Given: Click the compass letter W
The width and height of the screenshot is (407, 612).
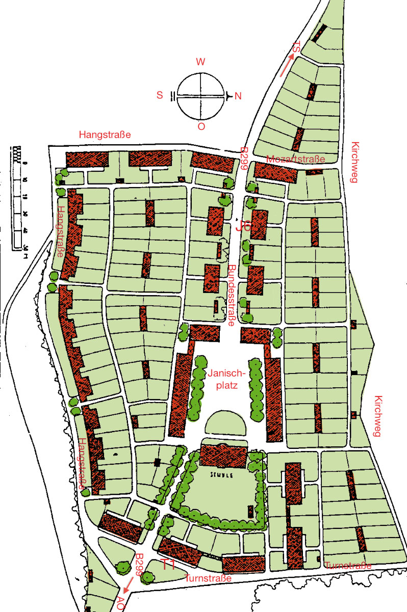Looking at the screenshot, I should click(x=201, y=62).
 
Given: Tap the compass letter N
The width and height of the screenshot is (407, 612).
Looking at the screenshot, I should click(x=238, y=96).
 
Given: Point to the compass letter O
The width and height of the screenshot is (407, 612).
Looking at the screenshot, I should click(x=201, y=127).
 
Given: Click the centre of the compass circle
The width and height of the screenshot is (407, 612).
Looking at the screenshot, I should click(x=201, y=96).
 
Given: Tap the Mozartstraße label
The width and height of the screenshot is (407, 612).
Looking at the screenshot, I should click(x=295, y=159).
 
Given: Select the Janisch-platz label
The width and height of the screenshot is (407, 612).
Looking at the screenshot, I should click(x=227, y=380).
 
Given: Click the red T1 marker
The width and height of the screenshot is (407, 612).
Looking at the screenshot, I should click(x=168, y=564).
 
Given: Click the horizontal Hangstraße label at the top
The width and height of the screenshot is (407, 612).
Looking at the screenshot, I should click(x=106, y=135).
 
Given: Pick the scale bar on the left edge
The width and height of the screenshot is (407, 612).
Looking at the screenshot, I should click(x=19, y=199).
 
